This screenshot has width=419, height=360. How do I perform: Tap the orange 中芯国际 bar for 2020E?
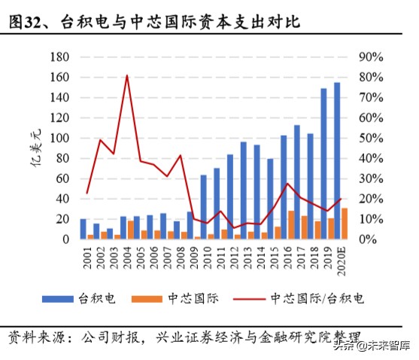pos(345,224)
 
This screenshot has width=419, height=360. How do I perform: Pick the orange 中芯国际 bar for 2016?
pos(291,225)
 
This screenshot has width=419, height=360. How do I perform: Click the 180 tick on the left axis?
pos(59,56)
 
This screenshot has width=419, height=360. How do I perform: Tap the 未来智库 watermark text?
pos(387,346)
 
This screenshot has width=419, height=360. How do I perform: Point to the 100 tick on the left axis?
pos(59,138)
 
